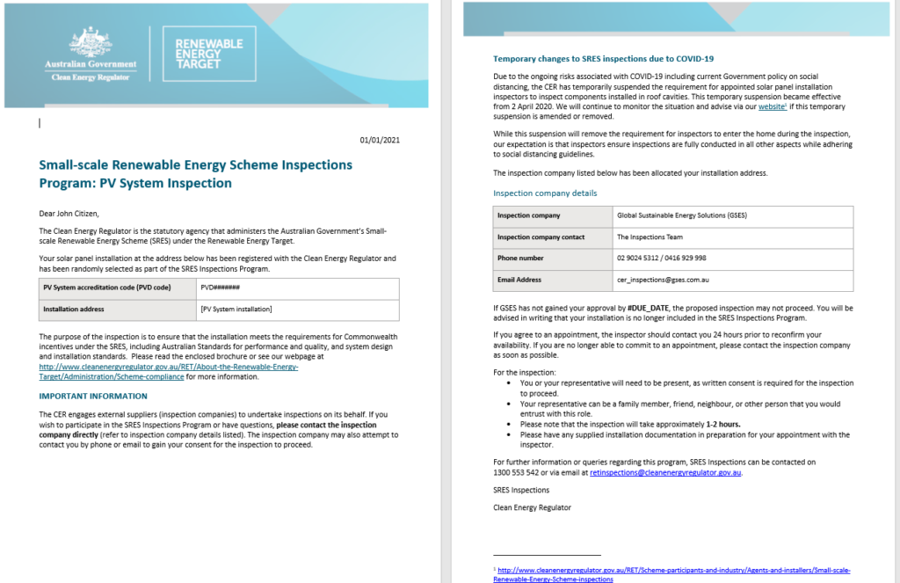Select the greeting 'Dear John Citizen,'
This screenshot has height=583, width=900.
pos(69,213)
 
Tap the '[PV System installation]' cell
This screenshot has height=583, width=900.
pos(236,309)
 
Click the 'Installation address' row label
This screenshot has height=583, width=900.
pos(74,309)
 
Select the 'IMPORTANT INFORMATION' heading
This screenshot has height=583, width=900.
pos(87,396)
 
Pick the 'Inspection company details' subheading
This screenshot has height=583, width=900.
pos(545,193)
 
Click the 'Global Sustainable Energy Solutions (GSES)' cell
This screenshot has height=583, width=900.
pos(682,215)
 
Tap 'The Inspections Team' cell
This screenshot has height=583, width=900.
pos(650,237)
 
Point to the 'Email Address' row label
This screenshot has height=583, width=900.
pos(519,280)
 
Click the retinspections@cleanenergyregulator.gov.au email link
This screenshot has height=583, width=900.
pos(665,472)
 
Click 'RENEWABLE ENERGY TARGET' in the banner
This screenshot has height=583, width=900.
pos(209,53)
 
